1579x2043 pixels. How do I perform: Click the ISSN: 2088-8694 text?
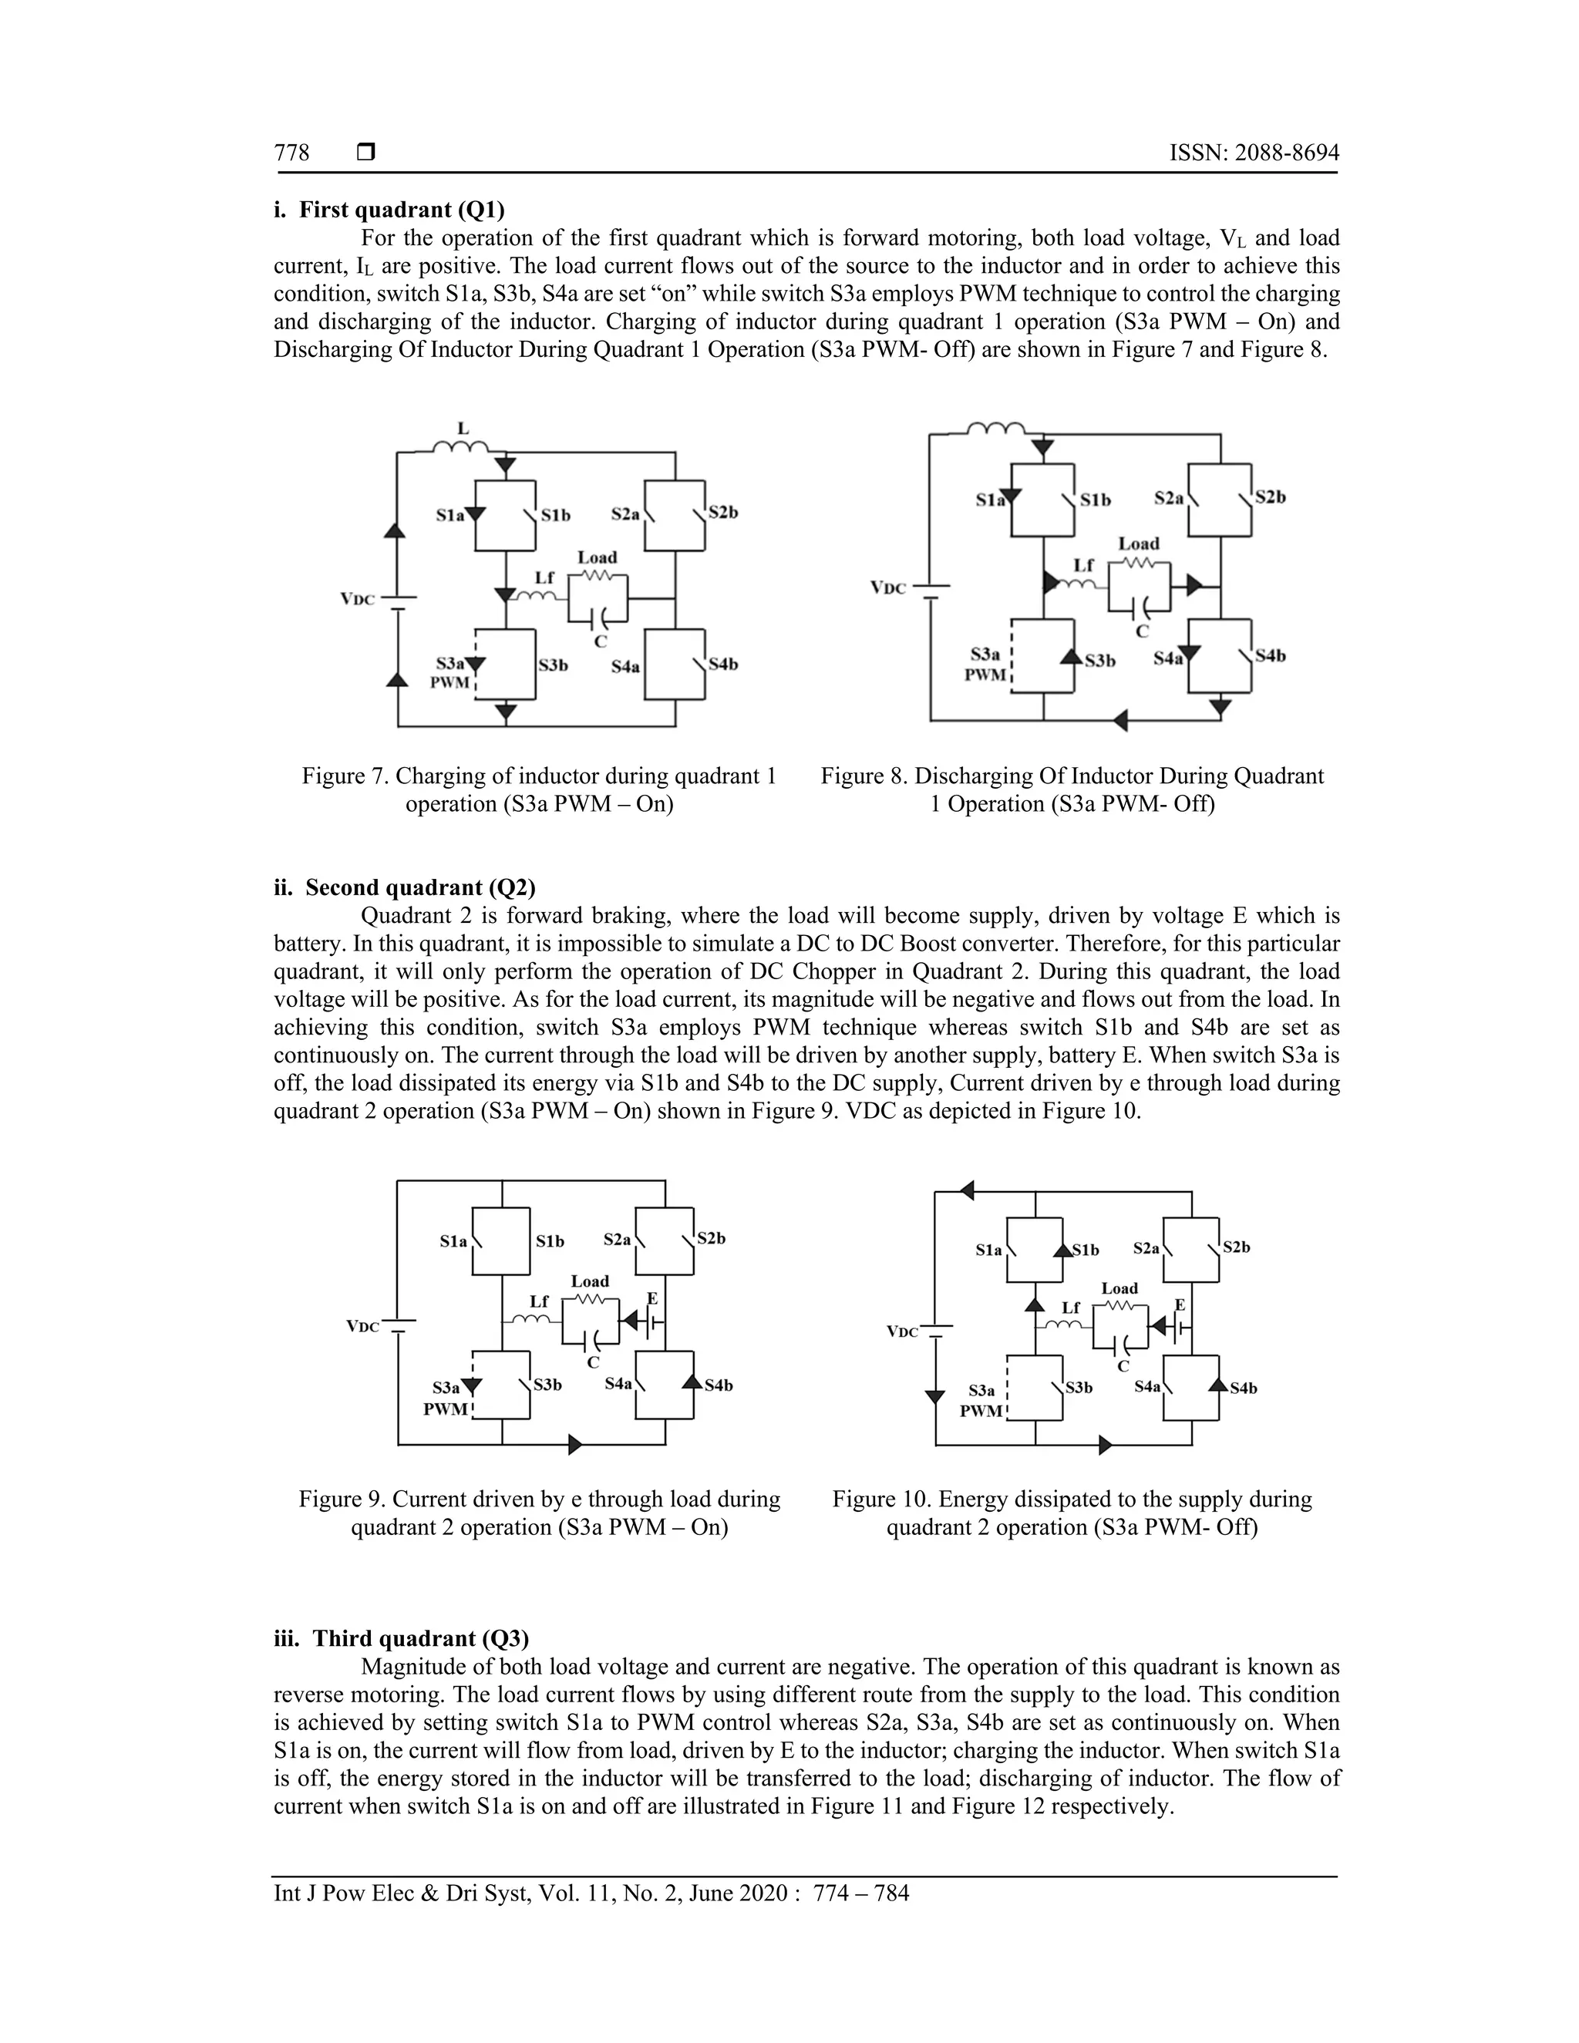(x=1254, y=153)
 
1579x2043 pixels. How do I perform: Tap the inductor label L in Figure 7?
(x=462, y=429)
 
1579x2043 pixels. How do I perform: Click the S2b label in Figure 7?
(x=723, y=513)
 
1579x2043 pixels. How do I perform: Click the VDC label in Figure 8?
(x=887, y=588)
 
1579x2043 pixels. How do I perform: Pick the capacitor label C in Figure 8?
(x=1141, y=631)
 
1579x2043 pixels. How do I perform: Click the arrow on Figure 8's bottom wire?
(x=1120, y=720)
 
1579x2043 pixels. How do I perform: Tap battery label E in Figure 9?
(x=652, y=1298)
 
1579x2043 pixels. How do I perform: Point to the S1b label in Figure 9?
(x=550, y=1241)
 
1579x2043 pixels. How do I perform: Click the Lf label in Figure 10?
(x=1070, y=1308)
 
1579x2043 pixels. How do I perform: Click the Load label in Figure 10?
(x=1119, y=1288)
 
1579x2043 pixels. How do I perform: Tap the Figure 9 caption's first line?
(x=539, y=1499)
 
